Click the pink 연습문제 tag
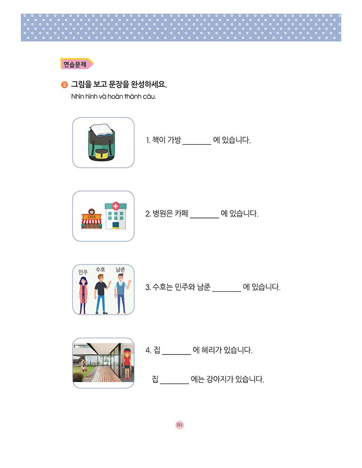coord(76,64)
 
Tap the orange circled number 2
coord(64,85)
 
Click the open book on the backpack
coord(102,130)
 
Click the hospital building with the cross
coord(115,216)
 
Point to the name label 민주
coord(83,272)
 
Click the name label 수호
coord(100,269)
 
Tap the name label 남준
coord(120,269)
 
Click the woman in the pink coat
coord(83,295)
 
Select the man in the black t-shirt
coord(101,294)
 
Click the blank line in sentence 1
coord(197,144)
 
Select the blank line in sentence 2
coord(205,218)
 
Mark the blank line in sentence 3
coord(227,291)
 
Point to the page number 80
coord(180,425)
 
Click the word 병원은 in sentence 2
coord(163,214)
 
